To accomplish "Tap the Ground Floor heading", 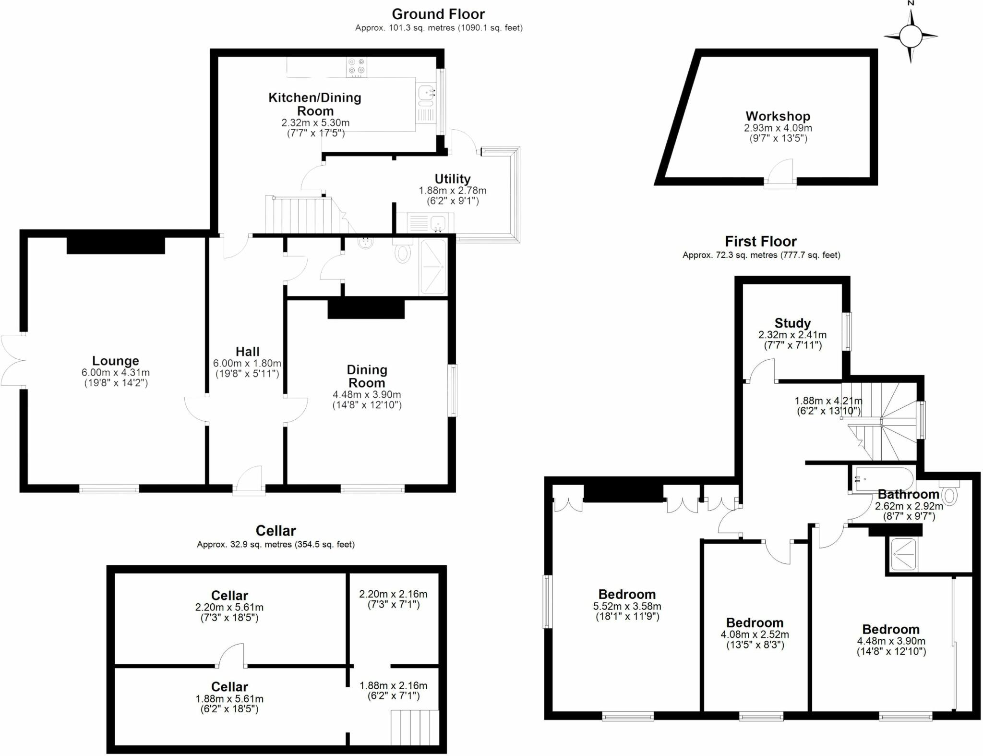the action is click(438, 14).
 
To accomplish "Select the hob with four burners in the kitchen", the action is click(357, 67).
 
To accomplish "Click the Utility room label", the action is click(452, 179).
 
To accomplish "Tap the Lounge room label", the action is click(116, 361).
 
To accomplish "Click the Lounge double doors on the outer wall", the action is click(12, 360).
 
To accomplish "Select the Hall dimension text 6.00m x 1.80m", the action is click(247, 363).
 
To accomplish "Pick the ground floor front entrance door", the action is click(250, 480).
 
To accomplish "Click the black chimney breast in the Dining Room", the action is click(366, 309).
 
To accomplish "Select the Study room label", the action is click(792, 323).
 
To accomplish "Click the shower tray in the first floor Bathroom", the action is click(903, 554).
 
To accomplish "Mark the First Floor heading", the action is click(761, 241).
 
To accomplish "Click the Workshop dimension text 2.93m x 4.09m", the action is click(778, 128).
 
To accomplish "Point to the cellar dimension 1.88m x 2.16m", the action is click(393, 686).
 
